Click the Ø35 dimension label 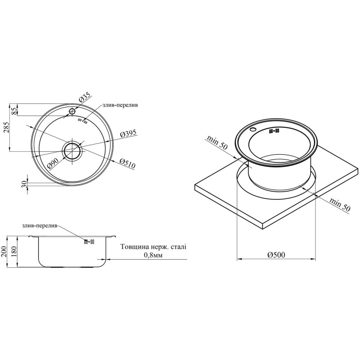(85, 98)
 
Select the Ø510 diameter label (127, 163)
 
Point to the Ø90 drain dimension (54, 163)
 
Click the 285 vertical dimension (6, 128)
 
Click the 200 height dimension (4, 252)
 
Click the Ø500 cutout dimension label (276, 255)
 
